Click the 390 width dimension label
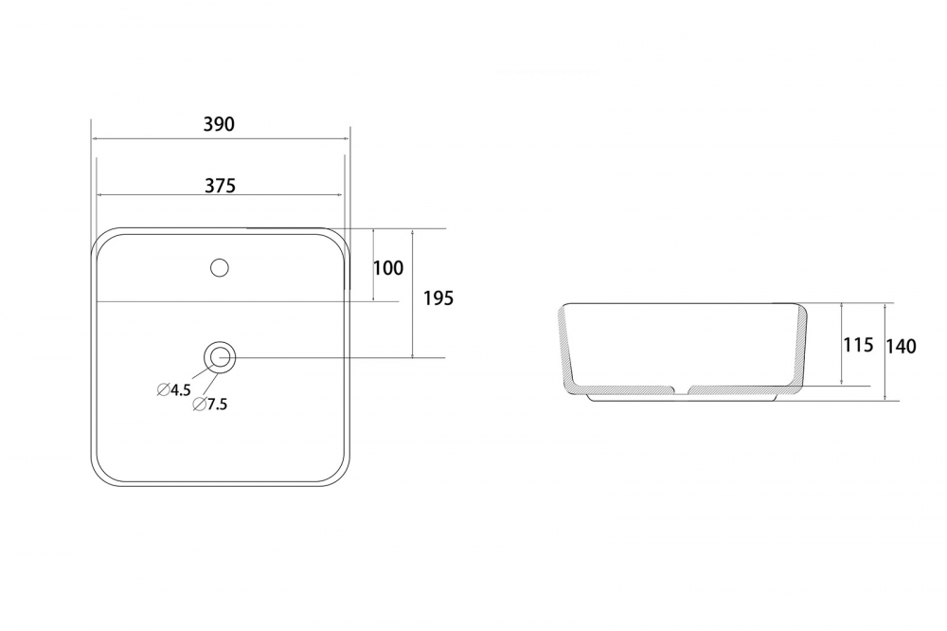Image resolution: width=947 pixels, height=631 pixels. [219, 124]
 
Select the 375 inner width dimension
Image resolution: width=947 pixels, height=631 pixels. [220, 185]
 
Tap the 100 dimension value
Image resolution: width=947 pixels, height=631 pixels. [387, 268]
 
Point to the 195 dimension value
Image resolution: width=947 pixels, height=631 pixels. [438, 297]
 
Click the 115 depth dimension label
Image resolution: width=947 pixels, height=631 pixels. [858, 345]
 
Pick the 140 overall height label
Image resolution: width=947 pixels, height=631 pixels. [902, 347]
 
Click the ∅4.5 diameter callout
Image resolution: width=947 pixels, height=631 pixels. [174, 389]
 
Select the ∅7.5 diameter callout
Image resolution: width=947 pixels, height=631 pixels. [210, 405]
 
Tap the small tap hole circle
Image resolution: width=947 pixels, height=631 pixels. [220, 267]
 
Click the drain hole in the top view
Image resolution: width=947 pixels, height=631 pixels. [220, 357]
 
